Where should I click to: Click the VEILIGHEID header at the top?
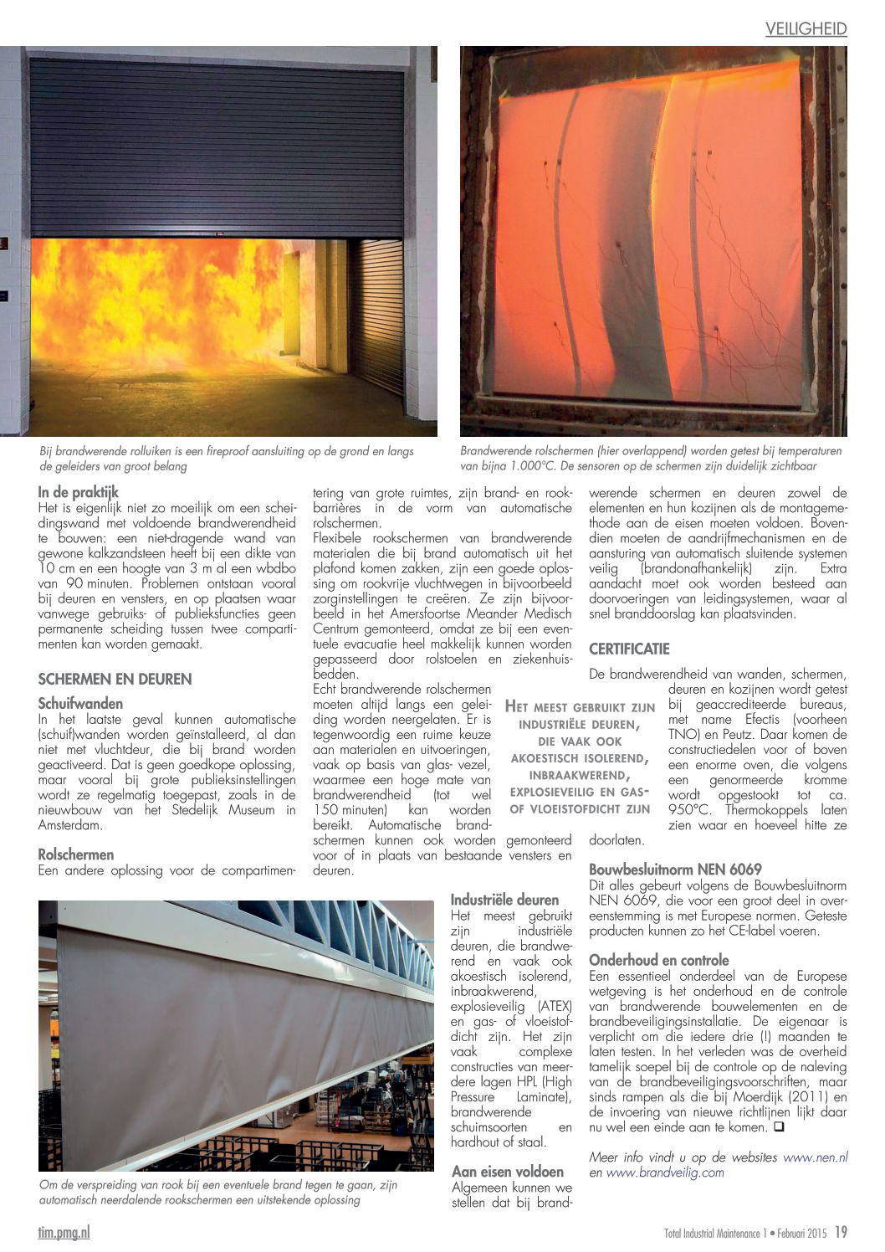(x=806, y=29)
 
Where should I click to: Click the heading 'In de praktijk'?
(x=79, y=493)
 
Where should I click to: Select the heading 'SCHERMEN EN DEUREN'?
(x=115, y=679)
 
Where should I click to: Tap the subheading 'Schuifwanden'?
(x=80, y=704)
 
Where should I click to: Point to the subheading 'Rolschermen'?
(x=76, y=854)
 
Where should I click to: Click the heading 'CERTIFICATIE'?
(x=629, y=649)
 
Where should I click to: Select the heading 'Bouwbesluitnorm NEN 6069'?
(x=675, y=870)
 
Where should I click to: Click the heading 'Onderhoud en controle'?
(x=659, y=960)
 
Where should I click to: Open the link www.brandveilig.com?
(x=666, y=1172)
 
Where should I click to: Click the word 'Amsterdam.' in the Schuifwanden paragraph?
(x=70, y=824)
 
